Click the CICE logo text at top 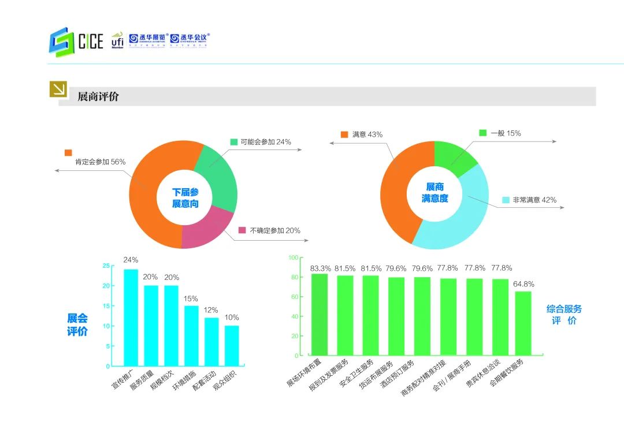pos(90,42)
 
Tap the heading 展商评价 pos(98,96)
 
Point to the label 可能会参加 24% pos(266,142)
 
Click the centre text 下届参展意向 pos(185,198)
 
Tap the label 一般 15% pos(506,133)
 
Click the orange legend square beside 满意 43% pos(344,134)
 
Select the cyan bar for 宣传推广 pos(131,317)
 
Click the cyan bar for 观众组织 pos(232,345)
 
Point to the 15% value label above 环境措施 pos(191,298)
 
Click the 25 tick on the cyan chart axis pos(106,266)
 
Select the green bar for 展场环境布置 pos(319,315)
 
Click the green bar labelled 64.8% pos(523,323)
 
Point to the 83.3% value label pos(321,268)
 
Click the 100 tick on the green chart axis pos(293,257)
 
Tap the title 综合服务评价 pos(564,315)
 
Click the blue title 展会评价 pos(77,325)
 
